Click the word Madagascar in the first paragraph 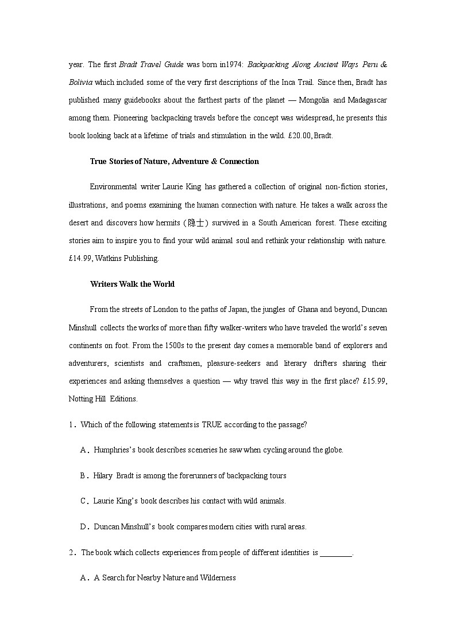tap(368, 100)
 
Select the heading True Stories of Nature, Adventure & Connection tap(174, 161)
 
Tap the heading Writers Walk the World tap(132, 284)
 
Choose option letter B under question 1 tap(83, 475)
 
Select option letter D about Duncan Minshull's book tap(83, 526)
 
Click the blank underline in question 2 tap(335, 553)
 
